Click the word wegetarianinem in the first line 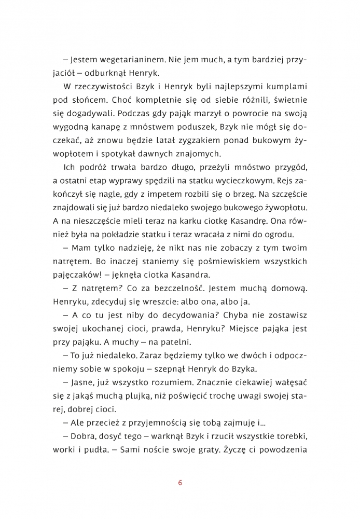pos(124,60)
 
